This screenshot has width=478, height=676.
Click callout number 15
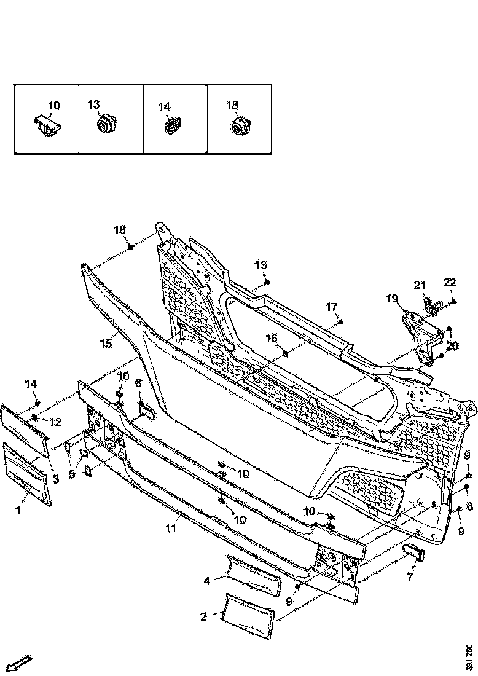coord(106,344)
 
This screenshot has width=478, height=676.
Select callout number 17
coord(332,307)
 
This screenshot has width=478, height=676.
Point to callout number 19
coord(392,299)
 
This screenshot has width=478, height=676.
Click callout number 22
coord(450,283)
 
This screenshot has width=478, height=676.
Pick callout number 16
coord(272,339)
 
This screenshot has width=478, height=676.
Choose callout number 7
coord(410,577)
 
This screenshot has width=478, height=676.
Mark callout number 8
coord(138,383)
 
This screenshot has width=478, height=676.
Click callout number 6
coord(469,506)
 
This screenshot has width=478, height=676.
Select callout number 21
coord(420,285)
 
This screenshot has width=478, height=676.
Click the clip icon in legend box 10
coord(47,127)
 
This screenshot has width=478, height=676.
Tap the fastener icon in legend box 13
coord(108,124)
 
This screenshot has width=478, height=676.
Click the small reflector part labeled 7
coord(415,551)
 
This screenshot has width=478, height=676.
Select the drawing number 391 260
coord(469,658)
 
